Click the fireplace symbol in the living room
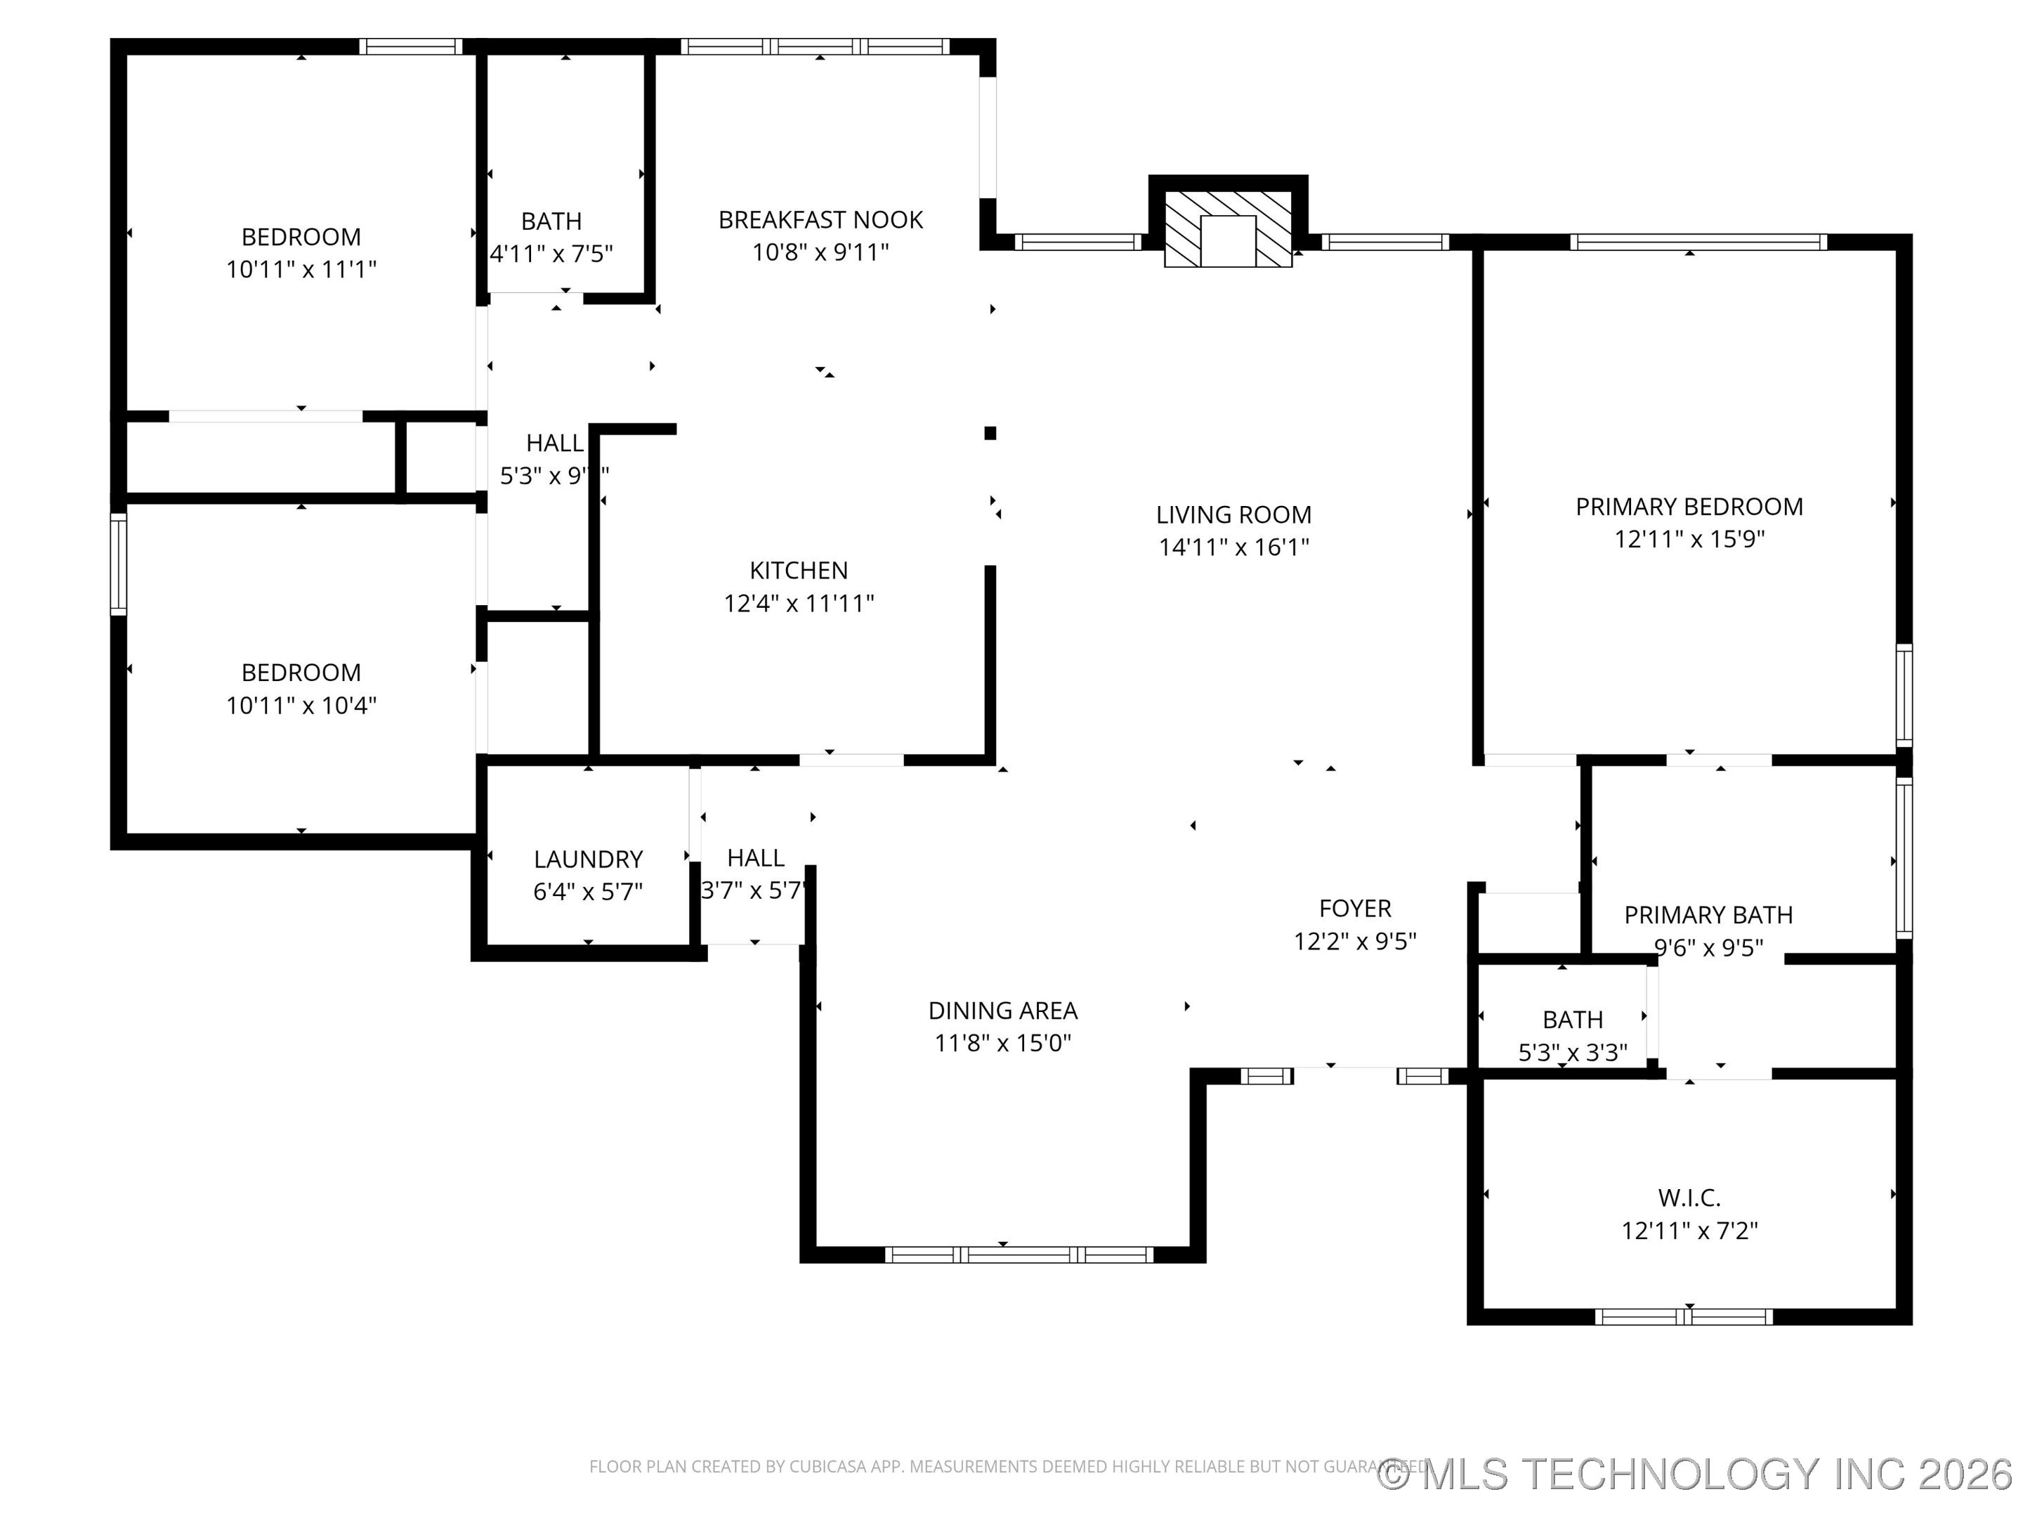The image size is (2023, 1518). [1227, 230]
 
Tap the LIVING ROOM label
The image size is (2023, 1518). [1233, 514]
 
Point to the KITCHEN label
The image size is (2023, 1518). [799, 570]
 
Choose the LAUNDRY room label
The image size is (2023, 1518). [588, 859]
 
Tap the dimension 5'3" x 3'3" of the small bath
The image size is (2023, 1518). [1572, 1052]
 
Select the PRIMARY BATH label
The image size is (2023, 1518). [1708, 914]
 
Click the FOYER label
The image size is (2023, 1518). [1354, 908]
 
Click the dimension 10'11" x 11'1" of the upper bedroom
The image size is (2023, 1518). [301, 269]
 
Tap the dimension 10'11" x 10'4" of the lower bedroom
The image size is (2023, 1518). [301, 706]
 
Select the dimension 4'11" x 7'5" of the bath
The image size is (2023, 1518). [551, 254]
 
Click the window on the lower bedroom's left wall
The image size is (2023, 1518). [118, 564]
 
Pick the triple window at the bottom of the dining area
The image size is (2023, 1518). [1019, 1254]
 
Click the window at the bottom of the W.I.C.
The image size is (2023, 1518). [1683, 1317]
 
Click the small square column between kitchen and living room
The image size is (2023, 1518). [990, 433]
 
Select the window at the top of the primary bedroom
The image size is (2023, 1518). [1697, 242]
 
